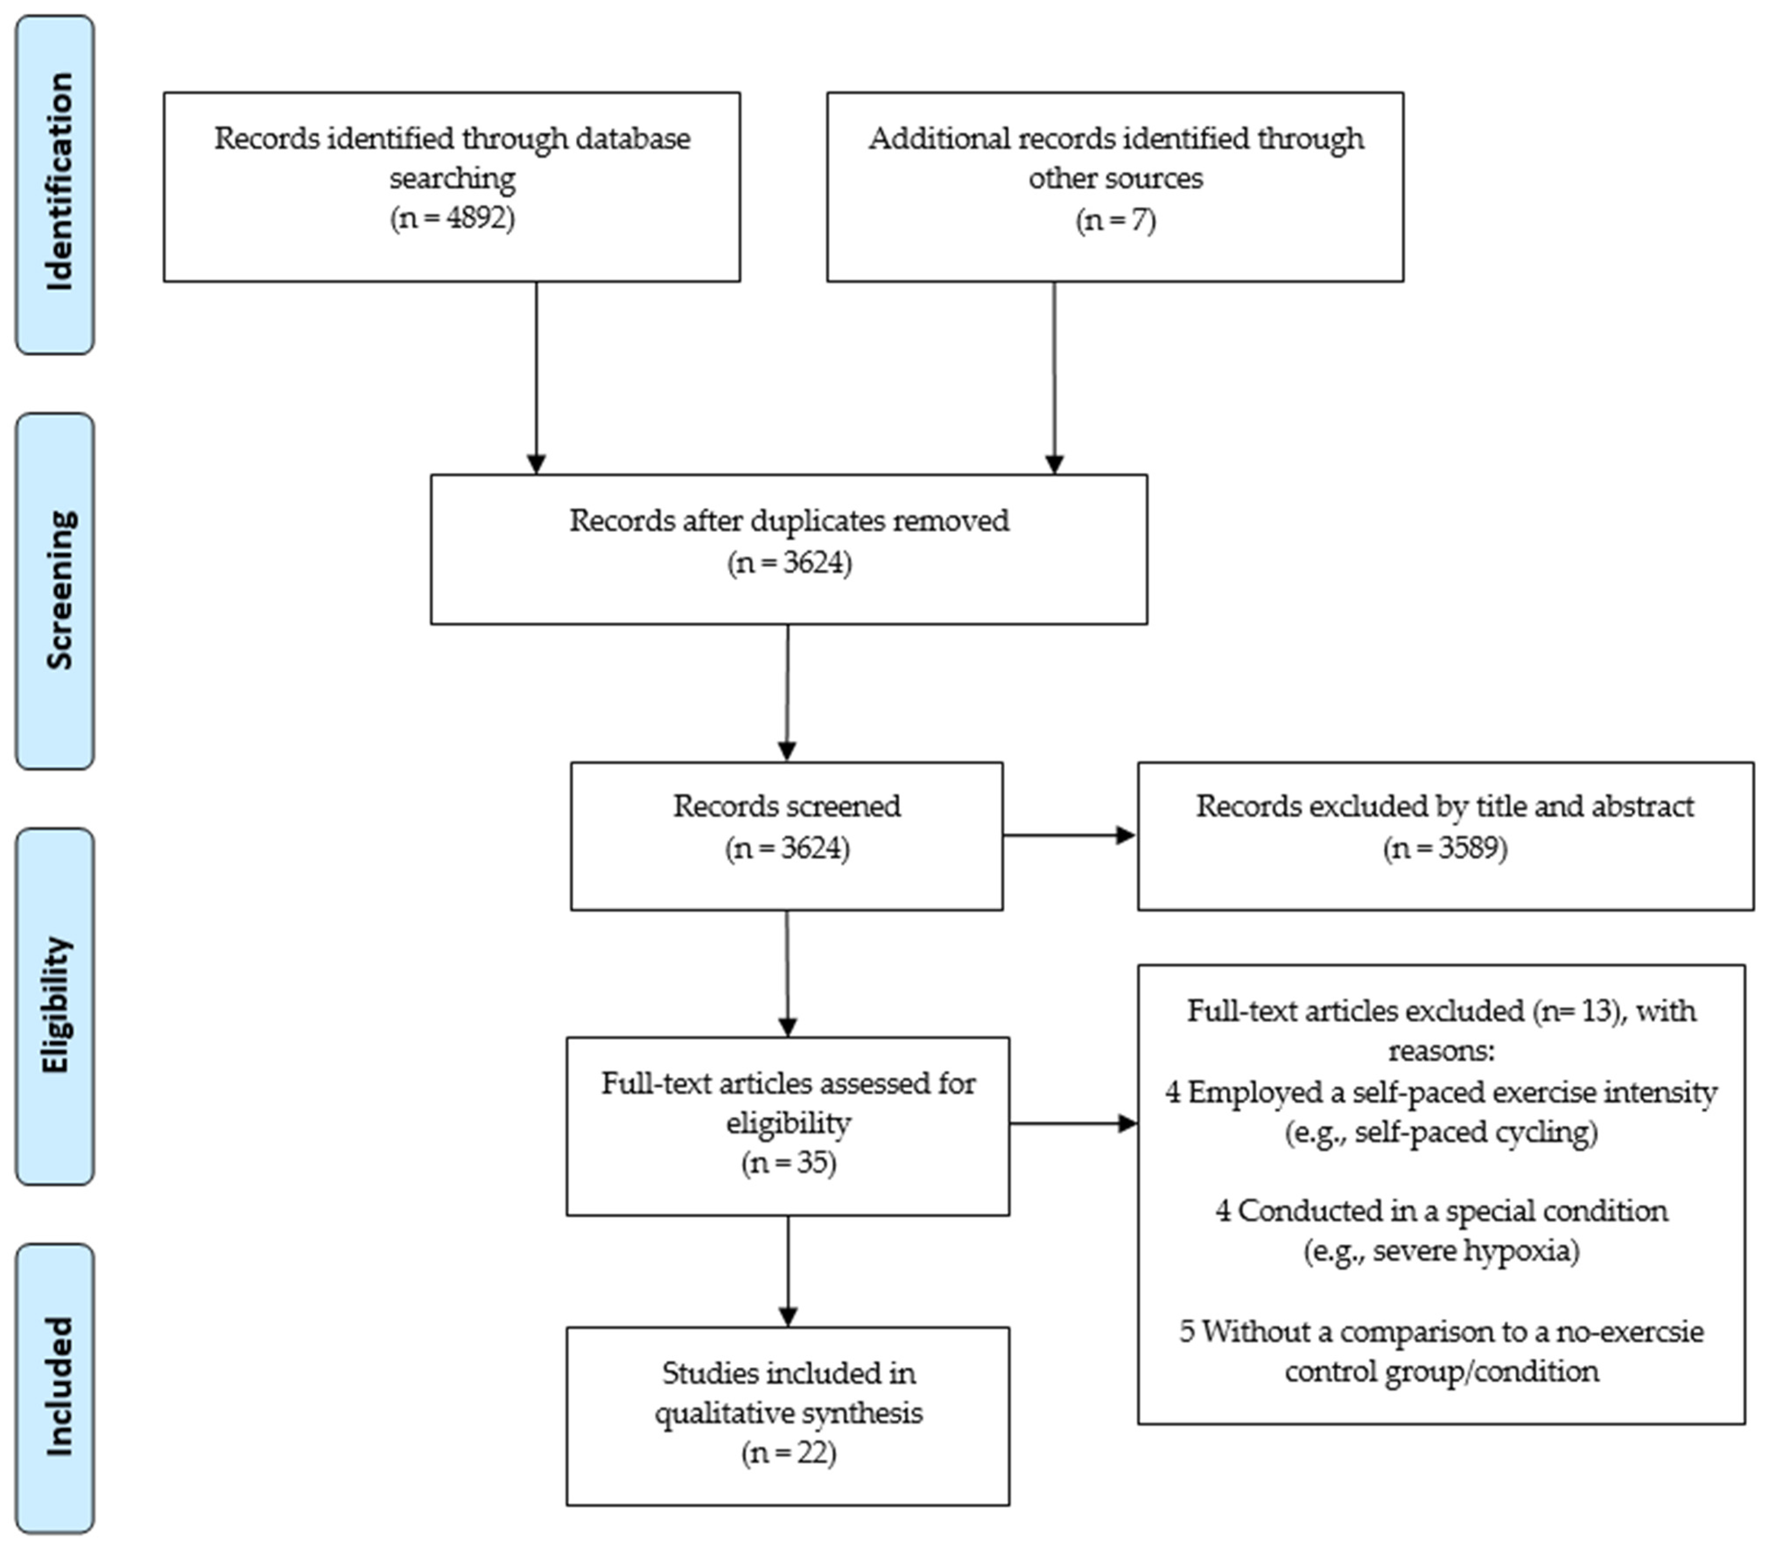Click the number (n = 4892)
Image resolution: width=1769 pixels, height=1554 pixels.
[452, 218]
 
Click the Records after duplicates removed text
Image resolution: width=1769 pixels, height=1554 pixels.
[788, 521]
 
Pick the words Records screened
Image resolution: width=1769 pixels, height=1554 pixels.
[787, 806]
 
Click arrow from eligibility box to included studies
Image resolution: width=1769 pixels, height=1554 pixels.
[788, 1270]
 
